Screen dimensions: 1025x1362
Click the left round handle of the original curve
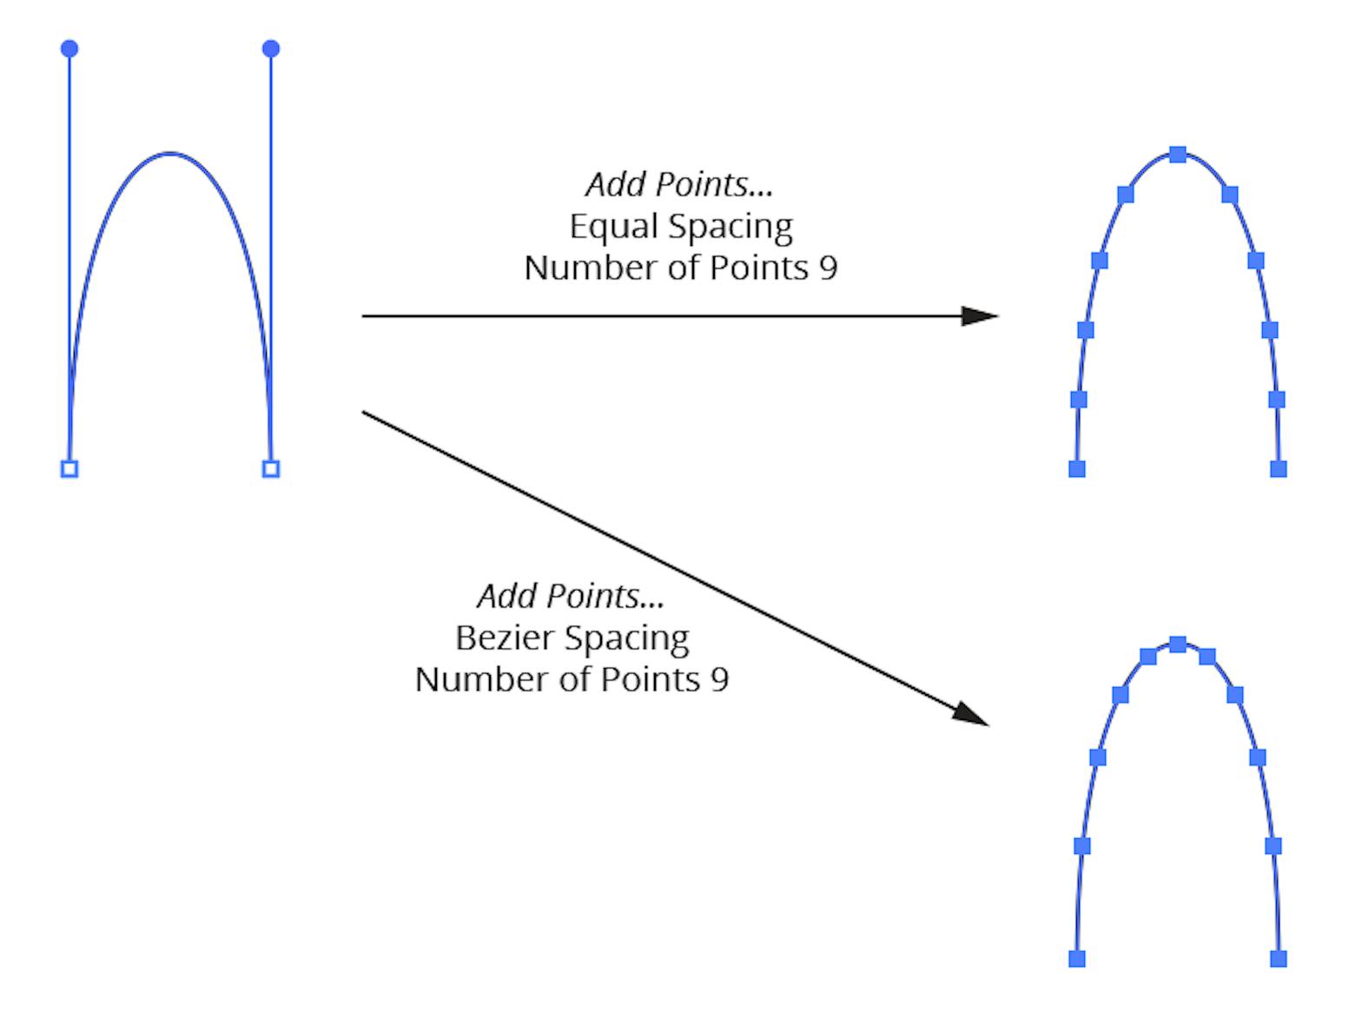[x=69, y=49]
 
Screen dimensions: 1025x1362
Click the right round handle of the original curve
[x=271, y=49]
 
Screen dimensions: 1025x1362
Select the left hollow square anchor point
[x=69, y=469]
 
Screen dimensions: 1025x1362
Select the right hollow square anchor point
[x=271, y=469]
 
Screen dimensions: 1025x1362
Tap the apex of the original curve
[x=170, y=154]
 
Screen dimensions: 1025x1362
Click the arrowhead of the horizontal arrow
[x=982, y=316]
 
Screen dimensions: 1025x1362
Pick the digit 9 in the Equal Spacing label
[x=828, y=268]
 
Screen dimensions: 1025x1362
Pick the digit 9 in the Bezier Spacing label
[x=719, y=679]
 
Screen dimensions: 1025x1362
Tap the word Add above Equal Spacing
[x=617, y=184]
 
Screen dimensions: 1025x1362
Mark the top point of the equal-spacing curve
[x=1178, y=155]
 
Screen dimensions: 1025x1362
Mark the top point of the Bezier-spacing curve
[x=1178, y=645]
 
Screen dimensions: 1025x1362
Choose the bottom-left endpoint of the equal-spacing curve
[x=1077, y=469]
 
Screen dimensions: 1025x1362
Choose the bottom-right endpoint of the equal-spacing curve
[x=1279, y=469]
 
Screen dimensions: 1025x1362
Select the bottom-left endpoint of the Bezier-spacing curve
[x=1077, y=959]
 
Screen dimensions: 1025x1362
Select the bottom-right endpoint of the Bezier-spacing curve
[x=1279, y=959]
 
